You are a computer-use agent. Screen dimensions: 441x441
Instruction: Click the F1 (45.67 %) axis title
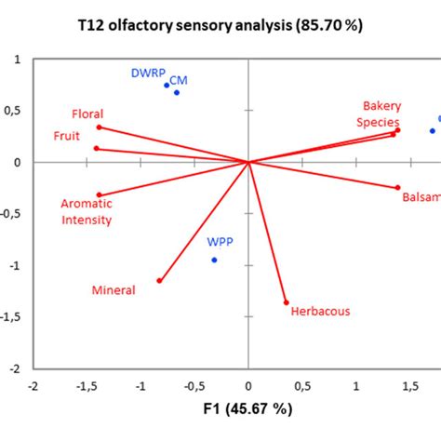(247, 408)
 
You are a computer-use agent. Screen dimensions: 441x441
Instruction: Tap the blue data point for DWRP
(167, 86)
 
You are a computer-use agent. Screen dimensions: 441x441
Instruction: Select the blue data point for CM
(177, 92)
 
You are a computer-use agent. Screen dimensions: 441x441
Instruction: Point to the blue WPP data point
(214, 260)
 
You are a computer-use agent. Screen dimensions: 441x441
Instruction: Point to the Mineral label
(114, 290)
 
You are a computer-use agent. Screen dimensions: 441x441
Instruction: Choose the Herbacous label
(320, 312)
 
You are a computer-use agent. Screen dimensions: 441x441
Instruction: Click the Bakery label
(381, 106)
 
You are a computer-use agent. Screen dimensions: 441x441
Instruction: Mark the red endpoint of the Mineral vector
(160, 280)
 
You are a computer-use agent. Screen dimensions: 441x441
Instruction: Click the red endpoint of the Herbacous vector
(286, 302)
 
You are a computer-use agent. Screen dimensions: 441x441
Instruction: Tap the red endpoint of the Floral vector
(99, 127)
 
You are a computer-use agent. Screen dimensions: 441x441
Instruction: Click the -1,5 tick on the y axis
(15, 316)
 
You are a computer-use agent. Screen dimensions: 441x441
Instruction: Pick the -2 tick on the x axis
(33, 384)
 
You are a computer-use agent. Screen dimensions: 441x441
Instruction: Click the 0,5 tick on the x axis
(301, 384)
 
